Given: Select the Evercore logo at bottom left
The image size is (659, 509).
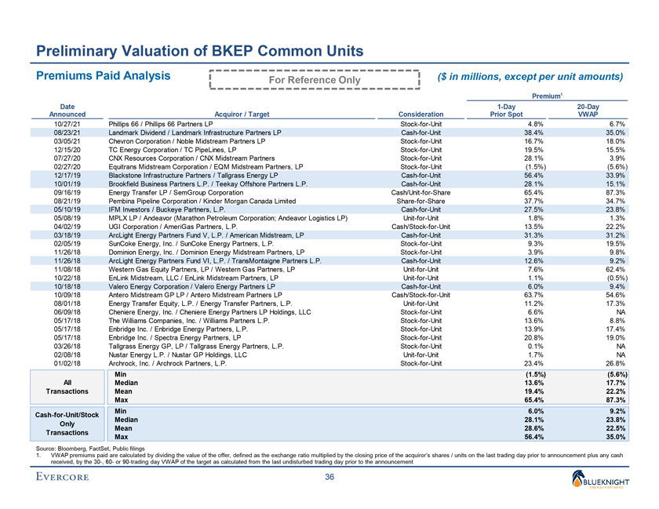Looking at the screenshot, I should (65, 480).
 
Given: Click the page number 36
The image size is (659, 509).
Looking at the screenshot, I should (329, 480).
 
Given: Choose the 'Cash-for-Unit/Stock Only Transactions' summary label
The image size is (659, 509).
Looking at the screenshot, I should (68, 423).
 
